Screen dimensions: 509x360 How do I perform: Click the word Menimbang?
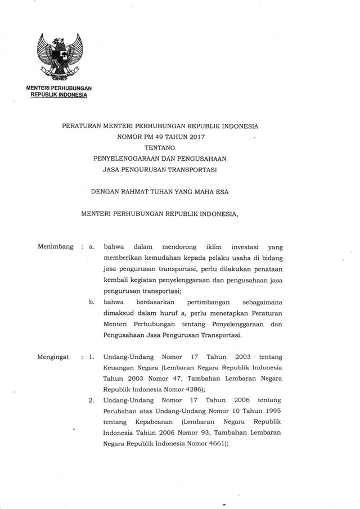[x=55, y=246]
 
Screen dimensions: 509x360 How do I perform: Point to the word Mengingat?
[x=55, y=357]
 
